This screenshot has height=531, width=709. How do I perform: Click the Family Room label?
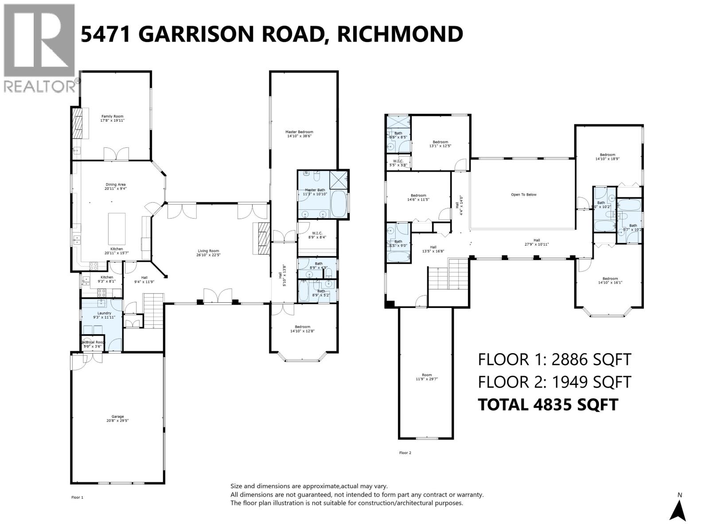112,118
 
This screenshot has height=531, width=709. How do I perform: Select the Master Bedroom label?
299,134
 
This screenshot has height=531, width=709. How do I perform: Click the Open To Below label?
523,195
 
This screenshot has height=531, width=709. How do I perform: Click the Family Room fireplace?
78,125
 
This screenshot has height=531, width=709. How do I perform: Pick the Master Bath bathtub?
339,204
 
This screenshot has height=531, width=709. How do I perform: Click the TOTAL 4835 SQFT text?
548,404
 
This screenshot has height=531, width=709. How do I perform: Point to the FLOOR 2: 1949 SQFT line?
554,382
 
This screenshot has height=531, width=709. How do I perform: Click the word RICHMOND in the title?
400,34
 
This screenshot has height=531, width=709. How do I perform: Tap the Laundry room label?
104,315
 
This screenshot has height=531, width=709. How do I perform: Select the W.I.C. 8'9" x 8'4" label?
316,235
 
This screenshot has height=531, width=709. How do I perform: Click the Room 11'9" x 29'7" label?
426,377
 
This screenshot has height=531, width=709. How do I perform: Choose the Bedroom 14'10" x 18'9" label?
608,157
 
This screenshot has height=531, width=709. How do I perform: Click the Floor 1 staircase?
154,311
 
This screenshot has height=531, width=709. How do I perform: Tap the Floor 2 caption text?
405,453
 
